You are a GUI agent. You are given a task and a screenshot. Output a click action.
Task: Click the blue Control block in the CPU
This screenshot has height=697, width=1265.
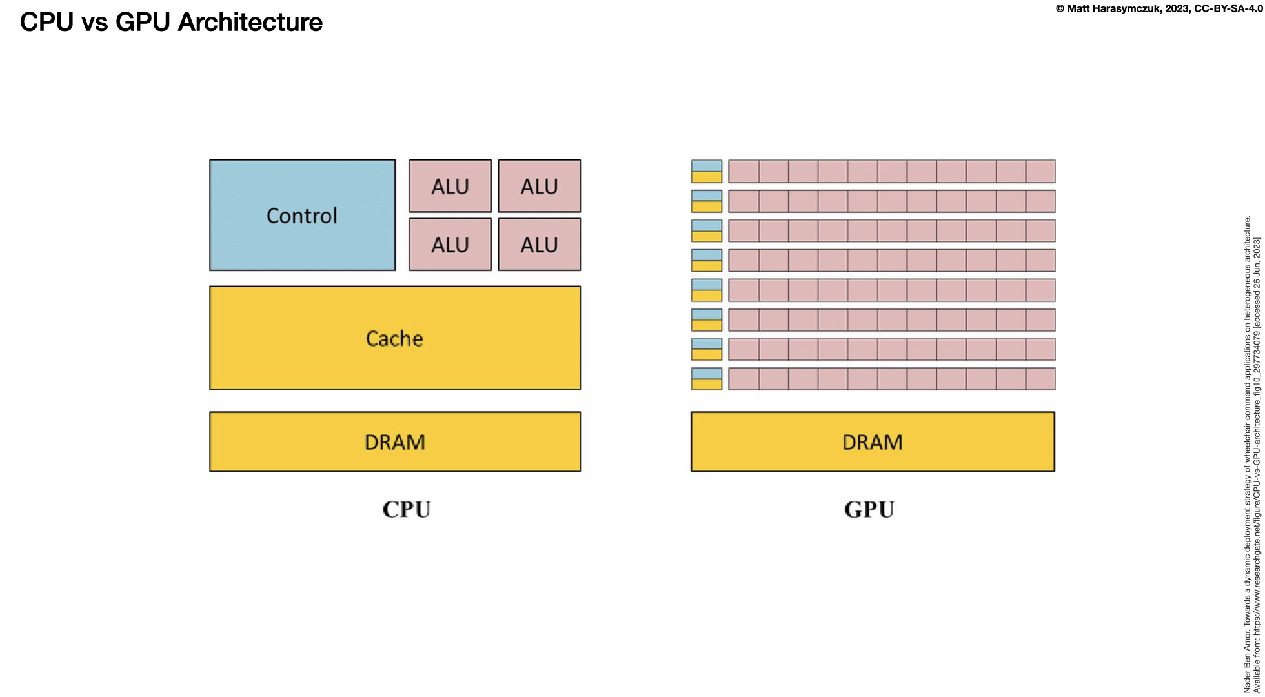pos(302,215)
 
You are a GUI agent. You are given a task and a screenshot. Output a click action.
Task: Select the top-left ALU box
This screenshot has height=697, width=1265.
pos(450,186)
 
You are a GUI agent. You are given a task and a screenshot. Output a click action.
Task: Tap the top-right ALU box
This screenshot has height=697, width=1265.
pos(539,186)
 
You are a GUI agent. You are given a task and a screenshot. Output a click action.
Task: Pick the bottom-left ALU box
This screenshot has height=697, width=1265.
pos(450,244)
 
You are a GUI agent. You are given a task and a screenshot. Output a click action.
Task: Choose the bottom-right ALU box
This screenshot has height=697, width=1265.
pos(539,244)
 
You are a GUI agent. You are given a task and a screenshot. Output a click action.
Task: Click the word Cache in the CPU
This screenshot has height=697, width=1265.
pos(394,338)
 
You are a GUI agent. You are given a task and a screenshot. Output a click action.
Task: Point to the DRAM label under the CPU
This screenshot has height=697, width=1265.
pos(394,442)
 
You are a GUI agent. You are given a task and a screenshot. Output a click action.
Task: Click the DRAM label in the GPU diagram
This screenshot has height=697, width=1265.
pos(872,442)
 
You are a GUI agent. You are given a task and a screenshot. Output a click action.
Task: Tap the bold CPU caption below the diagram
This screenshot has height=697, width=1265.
pos(406,509)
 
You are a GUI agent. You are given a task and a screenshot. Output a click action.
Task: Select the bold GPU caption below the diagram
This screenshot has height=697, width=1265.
pos(869,509)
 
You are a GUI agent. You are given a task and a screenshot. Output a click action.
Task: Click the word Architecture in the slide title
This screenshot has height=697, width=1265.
pos(250,22)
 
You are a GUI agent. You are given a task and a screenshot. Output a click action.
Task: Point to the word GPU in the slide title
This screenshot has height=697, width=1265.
pos(143,22)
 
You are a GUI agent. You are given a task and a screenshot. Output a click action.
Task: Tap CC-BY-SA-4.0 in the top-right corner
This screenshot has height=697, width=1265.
pos(1228,8)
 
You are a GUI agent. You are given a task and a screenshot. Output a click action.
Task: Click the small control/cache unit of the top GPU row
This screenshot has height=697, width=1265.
pos(706,172)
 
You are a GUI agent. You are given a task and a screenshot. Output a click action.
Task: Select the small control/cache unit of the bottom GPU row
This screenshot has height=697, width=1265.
pos(706,379)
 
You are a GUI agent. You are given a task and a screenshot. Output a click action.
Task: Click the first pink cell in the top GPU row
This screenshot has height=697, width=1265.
pos(744,172)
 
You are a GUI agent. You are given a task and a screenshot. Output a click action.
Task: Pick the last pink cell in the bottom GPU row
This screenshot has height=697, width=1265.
pos(1040,379)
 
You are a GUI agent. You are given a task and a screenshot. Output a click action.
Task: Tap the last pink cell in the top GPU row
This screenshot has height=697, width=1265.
pos(1040,172)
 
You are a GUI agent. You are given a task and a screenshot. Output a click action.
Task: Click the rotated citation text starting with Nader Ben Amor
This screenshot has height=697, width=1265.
pos(1248,452)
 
